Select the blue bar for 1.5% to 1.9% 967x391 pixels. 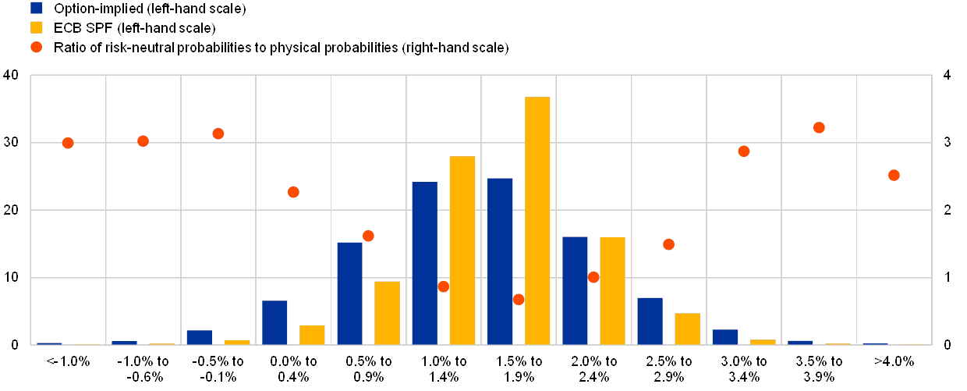pos(500,261)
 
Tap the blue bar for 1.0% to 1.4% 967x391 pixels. pos(424,263)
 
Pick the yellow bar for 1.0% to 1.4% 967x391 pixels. pos(462,250)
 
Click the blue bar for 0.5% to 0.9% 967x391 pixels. pos(349,293)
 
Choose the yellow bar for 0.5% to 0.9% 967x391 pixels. pos(387,312)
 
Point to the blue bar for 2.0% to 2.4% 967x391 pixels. pos(575,290)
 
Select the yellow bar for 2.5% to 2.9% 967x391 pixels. pos(687,328)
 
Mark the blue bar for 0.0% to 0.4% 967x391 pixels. pos(275,322)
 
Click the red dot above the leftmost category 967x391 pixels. pos(68,143)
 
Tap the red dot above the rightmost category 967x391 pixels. pos(894,176)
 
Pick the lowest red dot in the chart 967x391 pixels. pos(519,299)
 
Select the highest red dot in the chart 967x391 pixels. pos(819,127)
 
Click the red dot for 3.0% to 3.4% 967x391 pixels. pos(744,151)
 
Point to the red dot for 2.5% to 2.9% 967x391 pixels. pos(668,244)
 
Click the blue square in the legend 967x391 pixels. pos(37,9)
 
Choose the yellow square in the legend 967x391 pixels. pos(37,27)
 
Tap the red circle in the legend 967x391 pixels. pos(37,47)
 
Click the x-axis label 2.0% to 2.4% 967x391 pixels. pos(593,369)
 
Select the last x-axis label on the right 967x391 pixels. pos(894,361)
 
